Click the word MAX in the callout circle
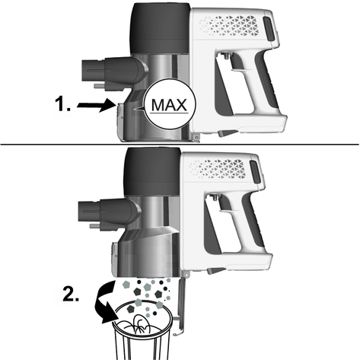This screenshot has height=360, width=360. pos(169,104)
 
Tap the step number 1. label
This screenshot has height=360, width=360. pos(63,104)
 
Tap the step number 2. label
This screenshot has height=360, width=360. pos(71,294)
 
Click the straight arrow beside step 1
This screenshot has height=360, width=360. pos(97,105)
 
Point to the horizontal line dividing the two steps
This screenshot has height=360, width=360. pos(180,145)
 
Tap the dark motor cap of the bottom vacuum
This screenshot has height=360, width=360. pos(152,172)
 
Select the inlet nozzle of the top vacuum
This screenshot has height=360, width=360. pos(113,72)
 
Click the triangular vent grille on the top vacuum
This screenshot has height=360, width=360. pos(229,26)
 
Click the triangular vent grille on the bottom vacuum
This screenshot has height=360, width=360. pos(217,169)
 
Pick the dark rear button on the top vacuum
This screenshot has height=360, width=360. pos(269,28)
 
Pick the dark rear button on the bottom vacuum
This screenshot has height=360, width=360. pos(256,171)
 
